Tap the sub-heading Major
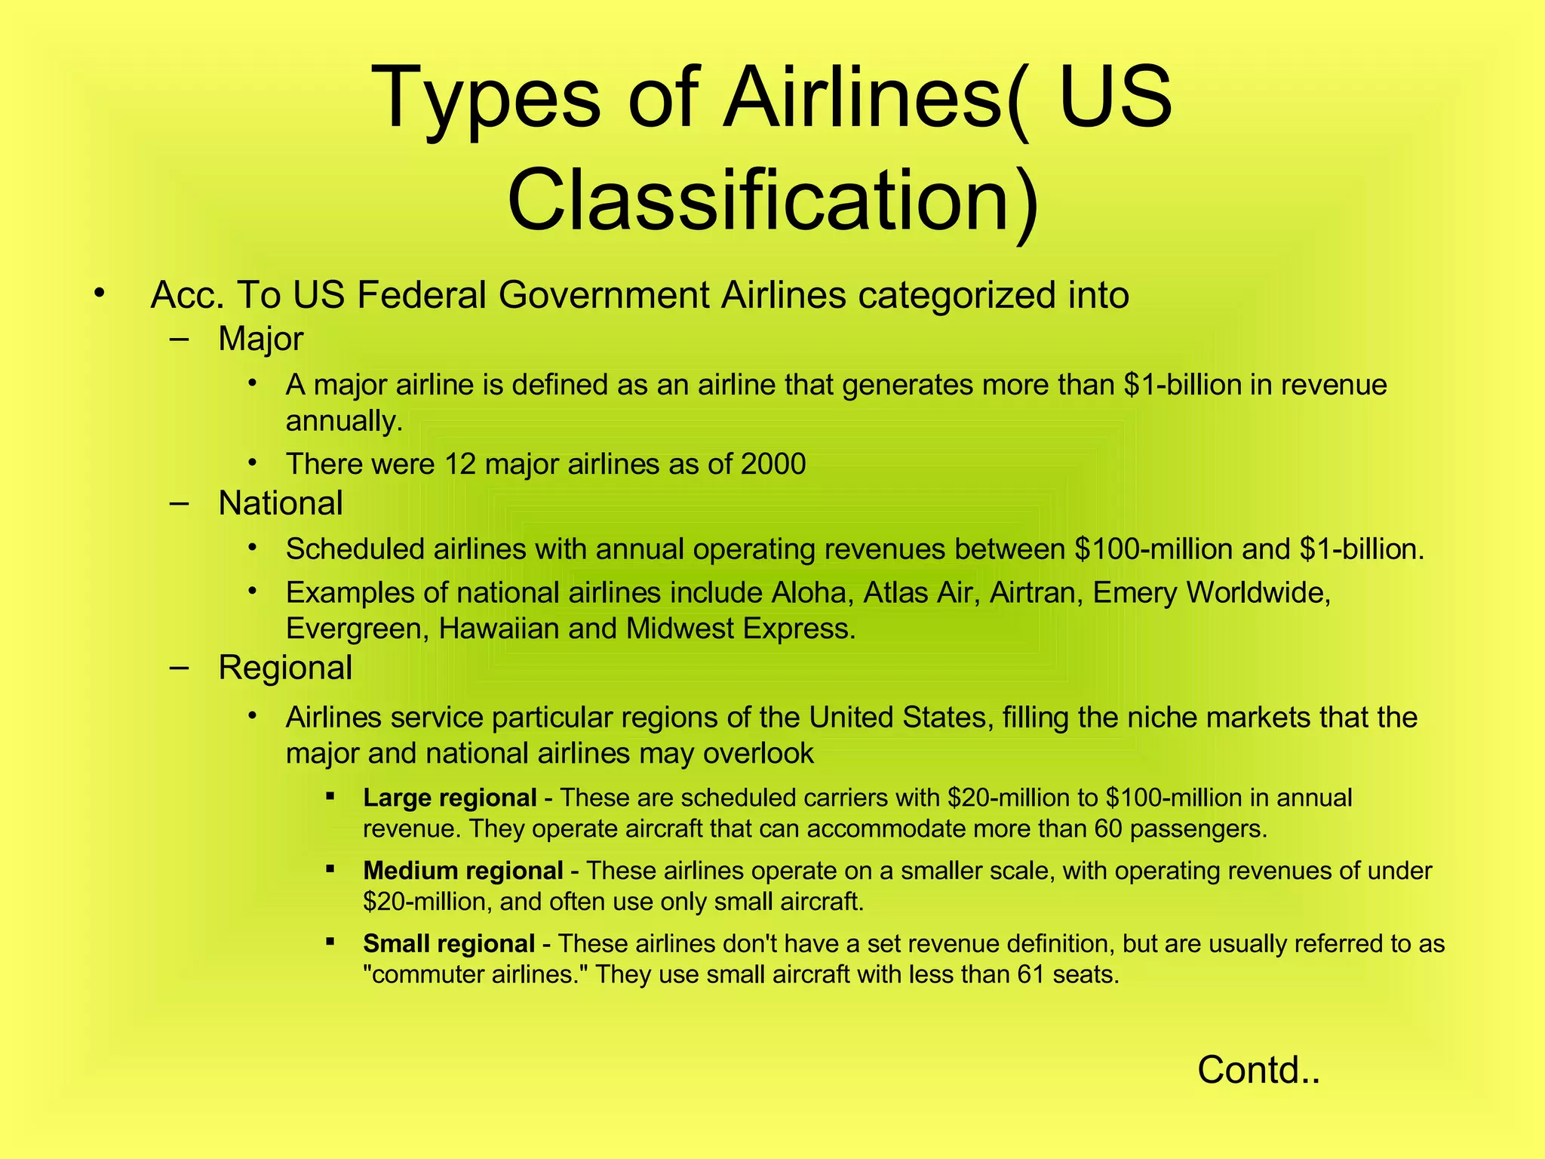coord(260,339)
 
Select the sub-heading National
coord(280,503)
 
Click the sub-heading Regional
coord(284,668)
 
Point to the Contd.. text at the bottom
coord(1258,1069)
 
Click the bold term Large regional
coord(450,798)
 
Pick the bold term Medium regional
coord(462,871)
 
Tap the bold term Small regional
coord(449,944)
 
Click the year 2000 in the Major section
coord(773,463)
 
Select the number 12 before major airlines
coord(460,463)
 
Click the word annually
coord(344,421)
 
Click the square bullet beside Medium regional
coord(330,868)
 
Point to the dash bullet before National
coord(180,503)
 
